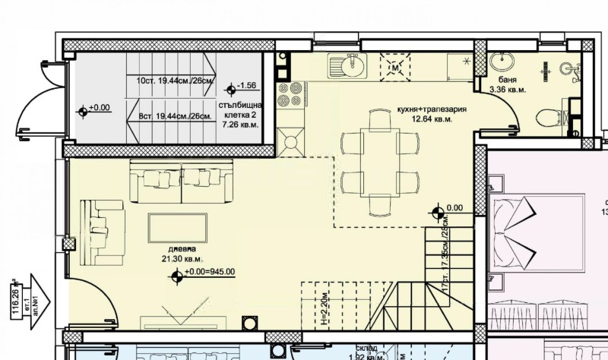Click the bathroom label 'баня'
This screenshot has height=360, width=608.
[499, 80]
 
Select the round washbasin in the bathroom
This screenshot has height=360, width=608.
[501, 62]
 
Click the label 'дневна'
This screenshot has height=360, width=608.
[182, 249]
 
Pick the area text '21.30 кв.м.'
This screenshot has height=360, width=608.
[179, 260]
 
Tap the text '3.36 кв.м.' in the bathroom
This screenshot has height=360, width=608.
[507, 90]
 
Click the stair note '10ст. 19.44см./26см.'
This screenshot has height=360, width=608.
[175, 80]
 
